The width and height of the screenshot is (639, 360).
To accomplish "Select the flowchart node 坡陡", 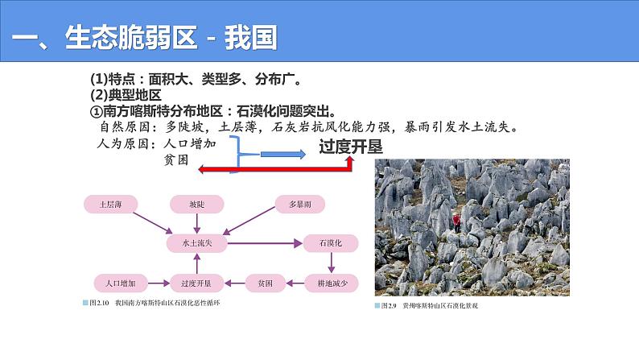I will (x=197, y=205).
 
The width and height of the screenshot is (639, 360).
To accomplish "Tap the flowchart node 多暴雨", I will (x=299, y=205).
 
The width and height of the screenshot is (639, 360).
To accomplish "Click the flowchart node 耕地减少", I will (x=329, y=283).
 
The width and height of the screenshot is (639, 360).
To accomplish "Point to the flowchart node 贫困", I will (x=265, y=283).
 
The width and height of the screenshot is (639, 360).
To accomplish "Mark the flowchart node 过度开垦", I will (x=197, y=283).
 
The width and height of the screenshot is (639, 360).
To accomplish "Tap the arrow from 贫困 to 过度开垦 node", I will (x=233, y=283).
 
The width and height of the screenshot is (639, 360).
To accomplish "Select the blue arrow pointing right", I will (x=282, y=153).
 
